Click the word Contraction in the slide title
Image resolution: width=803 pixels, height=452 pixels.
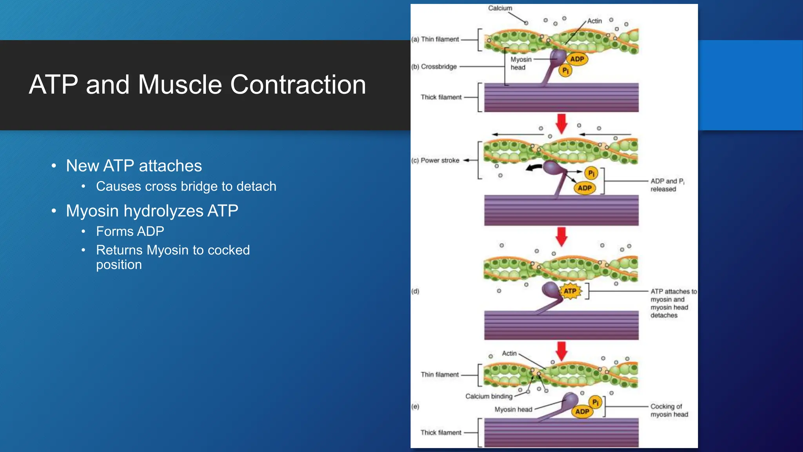click(x=298, y=85)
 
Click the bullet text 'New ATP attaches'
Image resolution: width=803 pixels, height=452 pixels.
click(x=134, y=166)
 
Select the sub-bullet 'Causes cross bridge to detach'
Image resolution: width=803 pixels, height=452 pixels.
click(x=186, y=186)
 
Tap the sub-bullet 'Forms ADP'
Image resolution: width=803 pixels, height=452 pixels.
click(x=130, y=231)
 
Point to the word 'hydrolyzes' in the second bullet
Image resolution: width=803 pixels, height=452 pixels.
click(x=164, y=211)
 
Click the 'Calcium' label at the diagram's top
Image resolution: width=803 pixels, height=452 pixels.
click(x=500, y=8)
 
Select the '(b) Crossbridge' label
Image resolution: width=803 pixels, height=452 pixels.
click(x=434, y=67)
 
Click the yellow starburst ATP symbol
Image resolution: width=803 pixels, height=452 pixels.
click(x=570, y=291)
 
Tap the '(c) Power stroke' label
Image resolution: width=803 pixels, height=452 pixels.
click(x=436, y=160)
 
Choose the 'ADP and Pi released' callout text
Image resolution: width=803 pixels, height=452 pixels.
click(x=666, y=185)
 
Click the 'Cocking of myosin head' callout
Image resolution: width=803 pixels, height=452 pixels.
click(x=669, y=410)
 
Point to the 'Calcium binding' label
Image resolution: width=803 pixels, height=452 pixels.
click(x=489, y=396)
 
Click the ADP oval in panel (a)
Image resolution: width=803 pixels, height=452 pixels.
click(x=577, y=59)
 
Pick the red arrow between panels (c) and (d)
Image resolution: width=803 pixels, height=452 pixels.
click(x=561, y=236)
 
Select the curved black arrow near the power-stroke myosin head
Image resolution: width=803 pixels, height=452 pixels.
click(x=534, y=168)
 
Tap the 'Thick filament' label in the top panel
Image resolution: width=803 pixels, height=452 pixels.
click(x=441, y=97)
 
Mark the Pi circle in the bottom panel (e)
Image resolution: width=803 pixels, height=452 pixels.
click(x=595, y=402)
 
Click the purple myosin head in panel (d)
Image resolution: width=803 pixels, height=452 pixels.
click(x=550, y=290)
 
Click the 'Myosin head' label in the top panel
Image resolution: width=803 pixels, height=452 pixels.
click(x=521, y=64)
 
